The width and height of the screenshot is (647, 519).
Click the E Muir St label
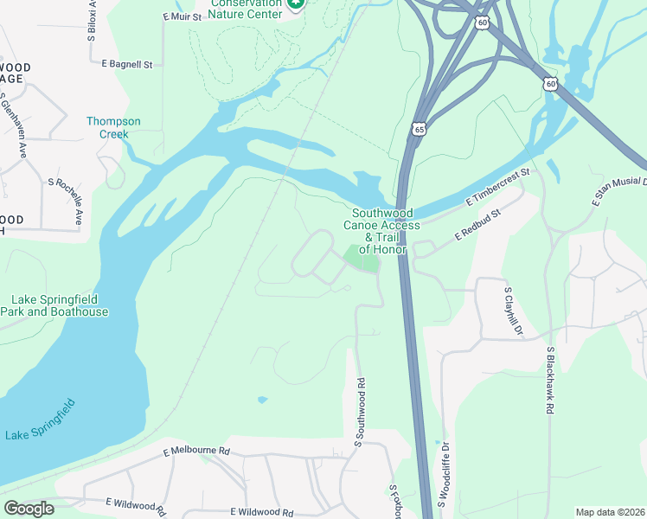tap(182, 16)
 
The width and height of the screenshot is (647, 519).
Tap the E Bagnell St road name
tap(126, 64)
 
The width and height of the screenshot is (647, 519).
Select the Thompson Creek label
tap(113, 128)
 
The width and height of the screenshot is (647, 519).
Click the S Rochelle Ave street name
tap(66, 202)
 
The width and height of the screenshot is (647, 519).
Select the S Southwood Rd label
tap(359, 413)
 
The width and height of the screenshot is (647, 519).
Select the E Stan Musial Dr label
tap(619, 188)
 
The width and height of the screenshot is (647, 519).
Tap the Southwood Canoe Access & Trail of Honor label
tap(381, 230)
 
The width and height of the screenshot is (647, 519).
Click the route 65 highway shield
tap(419, 129)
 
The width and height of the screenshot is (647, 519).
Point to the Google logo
tap(29, 509)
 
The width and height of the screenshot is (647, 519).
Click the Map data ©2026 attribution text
tap(610, 512)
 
